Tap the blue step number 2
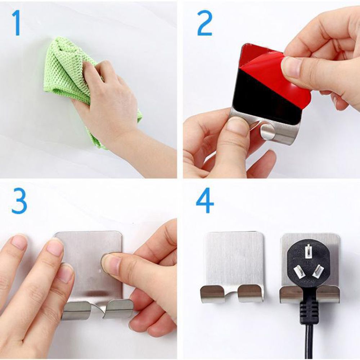pos(204,23)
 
